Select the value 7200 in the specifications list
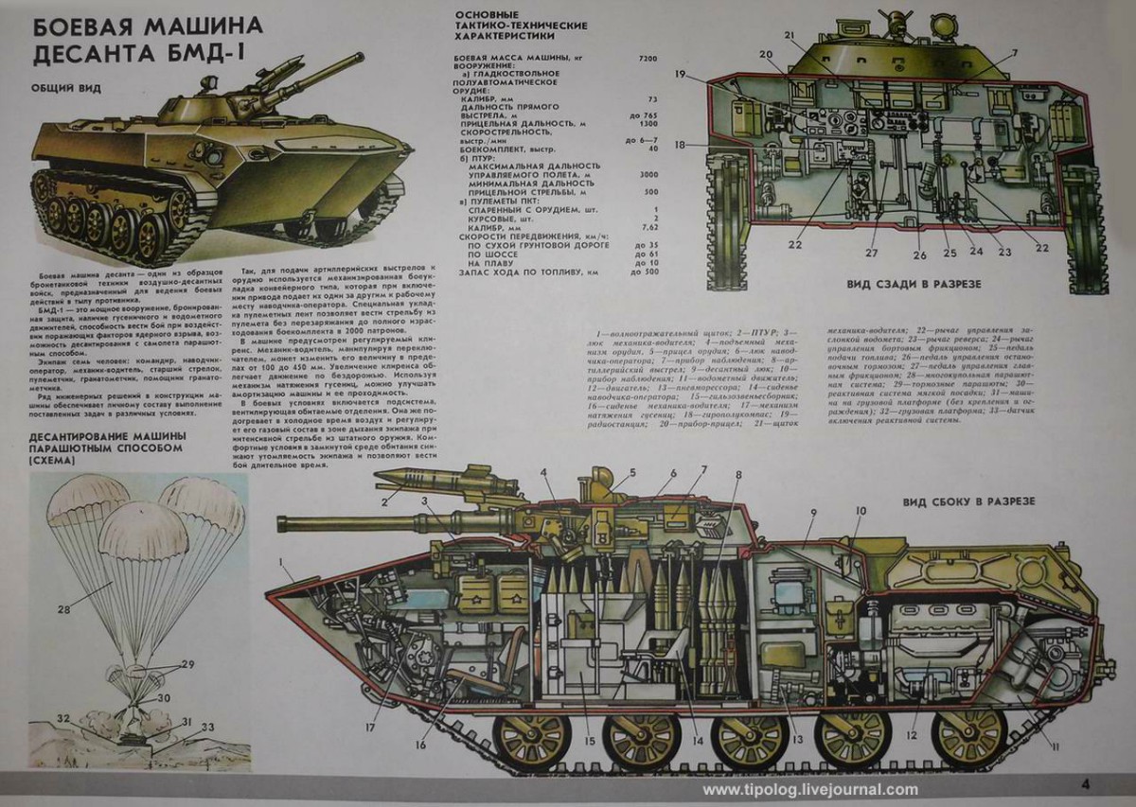tap(648, 59)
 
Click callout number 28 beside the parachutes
tap(63, 609)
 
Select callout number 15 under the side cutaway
tap(589, 742)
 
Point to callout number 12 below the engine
tap(911, 734)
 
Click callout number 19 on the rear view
tap(680, 74)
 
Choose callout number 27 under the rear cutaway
tap(872, 253)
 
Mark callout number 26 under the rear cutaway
tap(918, 254)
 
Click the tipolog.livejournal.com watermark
tap(810, 790)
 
